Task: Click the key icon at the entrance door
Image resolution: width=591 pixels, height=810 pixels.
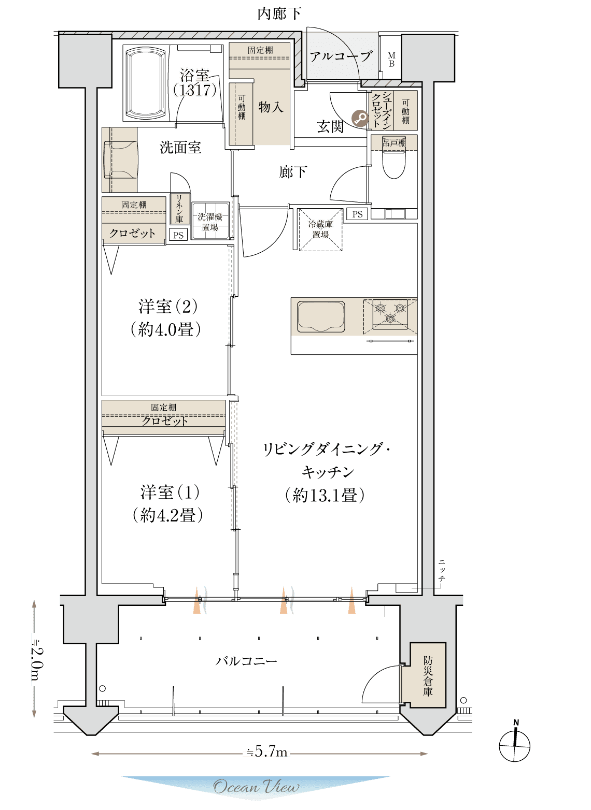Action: pos(360,118)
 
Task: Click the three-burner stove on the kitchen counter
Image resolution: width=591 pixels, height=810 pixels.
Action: pos(390,313)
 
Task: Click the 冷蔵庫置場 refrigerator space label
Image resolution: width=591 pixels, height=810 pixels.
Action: pos(320,229)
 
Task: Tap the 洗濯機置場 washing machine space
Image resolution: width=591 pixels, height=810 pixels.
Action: pos(210,221)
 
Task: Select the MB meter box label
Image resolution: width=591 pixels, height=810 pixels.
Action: pos(391,60)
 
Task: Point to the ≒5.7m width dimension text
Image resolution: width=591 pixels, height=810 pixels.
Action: pos(268,753)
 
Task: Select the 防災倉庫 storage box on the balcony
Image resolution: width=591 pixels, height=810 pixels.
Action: pos(427,675)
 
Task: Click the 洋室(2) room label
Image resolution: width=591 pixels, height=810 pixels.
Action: pos(167,306)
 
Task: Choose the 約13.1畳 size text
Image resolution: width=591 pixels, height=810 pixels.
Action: pos(325,495)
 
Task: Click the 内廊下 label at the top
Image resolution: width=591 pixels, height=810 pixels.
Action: pos(279,14)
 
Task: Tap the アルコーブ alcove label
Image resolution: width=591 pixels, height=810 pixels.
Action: pos(341,56)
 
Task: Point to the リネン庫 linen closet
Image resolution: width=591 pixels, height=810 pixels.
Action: pos(179,209)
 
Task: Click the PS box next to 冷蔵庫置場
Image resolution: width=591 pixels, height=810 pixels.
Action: pos(357,214)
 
